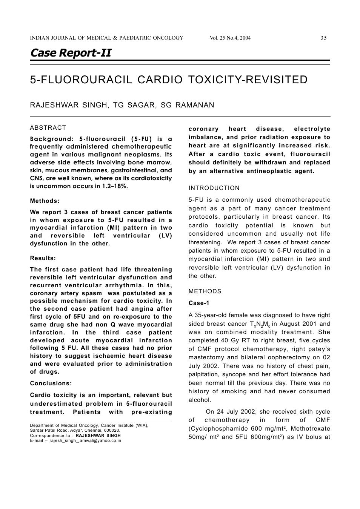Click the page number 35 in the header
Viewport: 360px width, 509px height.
click(x=323, y=38)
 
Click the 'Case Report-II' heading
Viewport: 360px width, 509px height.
click(x=71, y=53)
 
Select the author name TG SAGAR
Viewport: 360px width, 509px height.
click(x=135, y=105)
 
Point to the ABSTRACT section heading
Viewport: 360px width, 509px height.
click(x=48, y=128)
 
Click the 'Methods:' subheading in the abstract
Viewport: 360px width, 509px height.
click(x=45, y=201)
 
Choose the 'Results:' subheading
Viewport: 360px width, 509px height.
click(x=43, y=258)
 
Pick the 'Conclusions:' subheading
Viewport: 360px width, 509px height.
click(x=51, y=383)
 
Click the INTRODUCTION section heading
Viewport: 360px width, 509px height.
click(x=214, y=188)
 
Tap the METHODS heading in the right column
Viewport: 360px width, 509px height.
click(x=205, y=291)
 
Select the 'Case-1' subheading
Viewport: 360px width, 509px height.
click(x=199, y=303)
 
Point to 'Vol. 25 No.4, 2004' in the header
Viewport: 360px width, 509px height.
click(x=230, y=38)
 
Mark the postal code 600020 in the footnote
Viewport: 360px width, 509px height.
click(x=112, y=430)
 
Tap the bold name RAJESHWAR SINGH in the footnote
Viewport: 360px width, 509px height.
click(x=98, y=435)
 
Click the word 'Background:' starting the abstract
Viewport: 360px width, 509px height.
click(x=51, y=139)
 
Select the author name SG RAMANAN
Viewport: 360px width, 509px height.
click(x=187, y=105)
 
